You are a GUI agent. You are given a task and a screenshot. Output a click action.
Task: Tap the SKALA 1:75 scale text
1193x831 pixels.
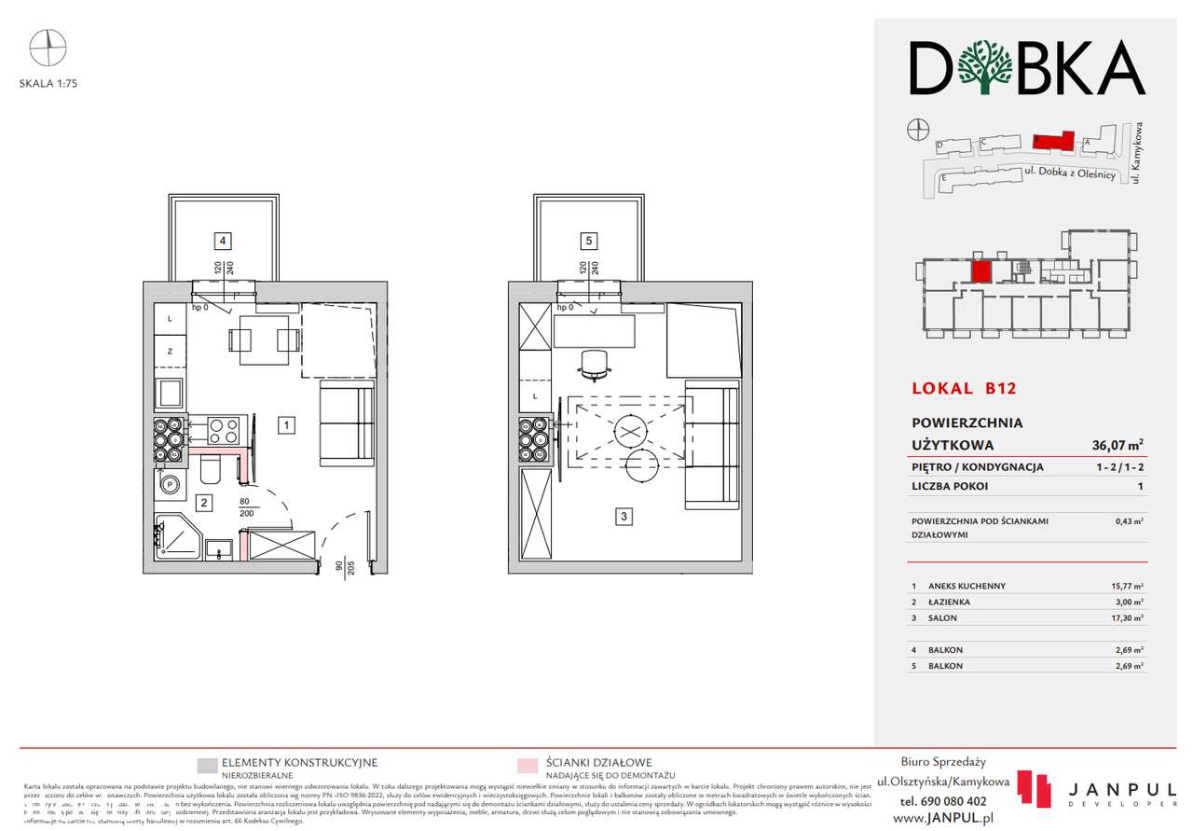48,83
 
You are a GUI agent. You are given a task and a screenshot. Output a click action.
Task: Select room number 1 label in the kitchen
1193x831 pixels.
287,426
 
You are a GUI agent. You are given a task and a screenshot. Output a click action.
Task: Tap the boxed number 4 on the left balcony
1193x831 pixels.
222,241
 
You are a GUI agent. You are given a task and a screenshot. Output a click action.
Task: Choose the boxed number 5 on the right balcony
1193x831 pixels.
587,241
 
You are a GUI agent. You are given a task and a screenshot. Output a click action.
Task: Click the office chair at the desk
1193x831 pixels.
594,365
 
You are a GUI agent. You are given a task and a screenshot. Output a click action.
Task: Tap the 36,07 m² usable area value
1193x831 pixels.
1118,445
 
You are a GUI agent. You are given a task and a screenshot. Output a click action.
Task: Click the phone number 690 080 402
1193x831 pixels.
943,801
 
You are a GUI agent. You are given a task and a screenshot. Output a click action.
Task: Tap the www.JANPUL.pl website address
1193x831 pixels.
942,817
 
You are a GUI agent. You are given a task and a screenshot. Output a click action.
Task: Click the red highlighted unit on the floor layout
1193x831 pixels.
980,271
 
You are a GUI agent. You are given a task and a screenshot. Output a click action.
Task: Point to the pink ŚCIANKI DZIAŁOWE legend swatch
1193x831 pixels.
528,767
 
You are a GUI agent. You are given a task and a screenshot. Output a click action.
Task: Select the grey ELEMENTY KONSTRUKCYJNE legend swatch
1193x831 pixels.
208,767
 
